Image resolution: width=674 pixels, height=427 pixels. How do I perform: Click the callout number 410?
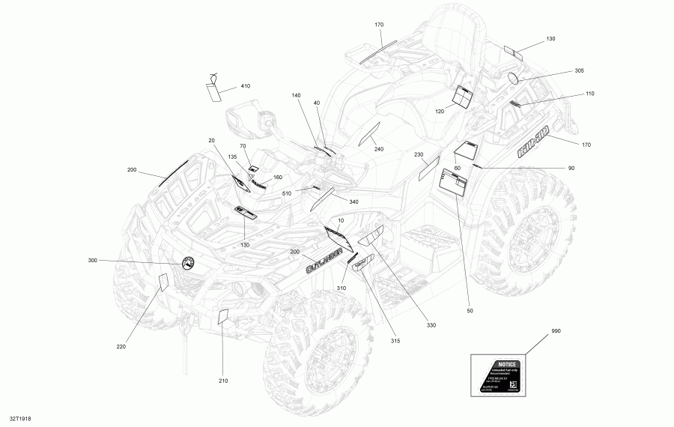[x=246, y=86]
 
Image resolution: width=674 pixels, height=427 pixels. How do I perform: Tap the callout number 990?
[x=556, y=330]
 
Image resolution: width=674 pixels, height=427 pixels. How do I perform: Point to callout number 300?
[x=93, y=260]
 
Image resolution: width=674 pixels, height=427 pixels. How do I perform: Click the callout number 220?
[x=121, y=345]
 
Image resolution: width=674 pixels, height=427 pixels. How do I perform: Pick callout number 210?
[x=222, y=381]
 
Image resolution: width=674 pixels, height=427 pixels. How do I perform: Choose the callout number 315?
[x=395, y=341]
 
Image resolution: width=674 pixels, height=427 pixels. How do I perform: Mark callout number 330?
[x=431, y=324]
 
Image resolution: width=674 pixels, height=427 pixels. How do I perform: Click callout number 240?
[x=379, y=149]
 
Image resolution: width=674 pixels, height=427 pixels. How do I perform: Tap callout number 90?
[x=571, y=168]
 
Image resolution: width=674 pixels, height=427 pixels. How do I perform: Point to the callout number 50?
[x=470, y=310]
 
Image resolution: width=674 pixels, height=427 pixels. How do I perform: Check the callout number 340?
[x=353, y=202]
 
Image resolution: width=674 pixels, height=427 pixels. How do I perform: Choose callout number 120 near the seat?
[x=440, y=111]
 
